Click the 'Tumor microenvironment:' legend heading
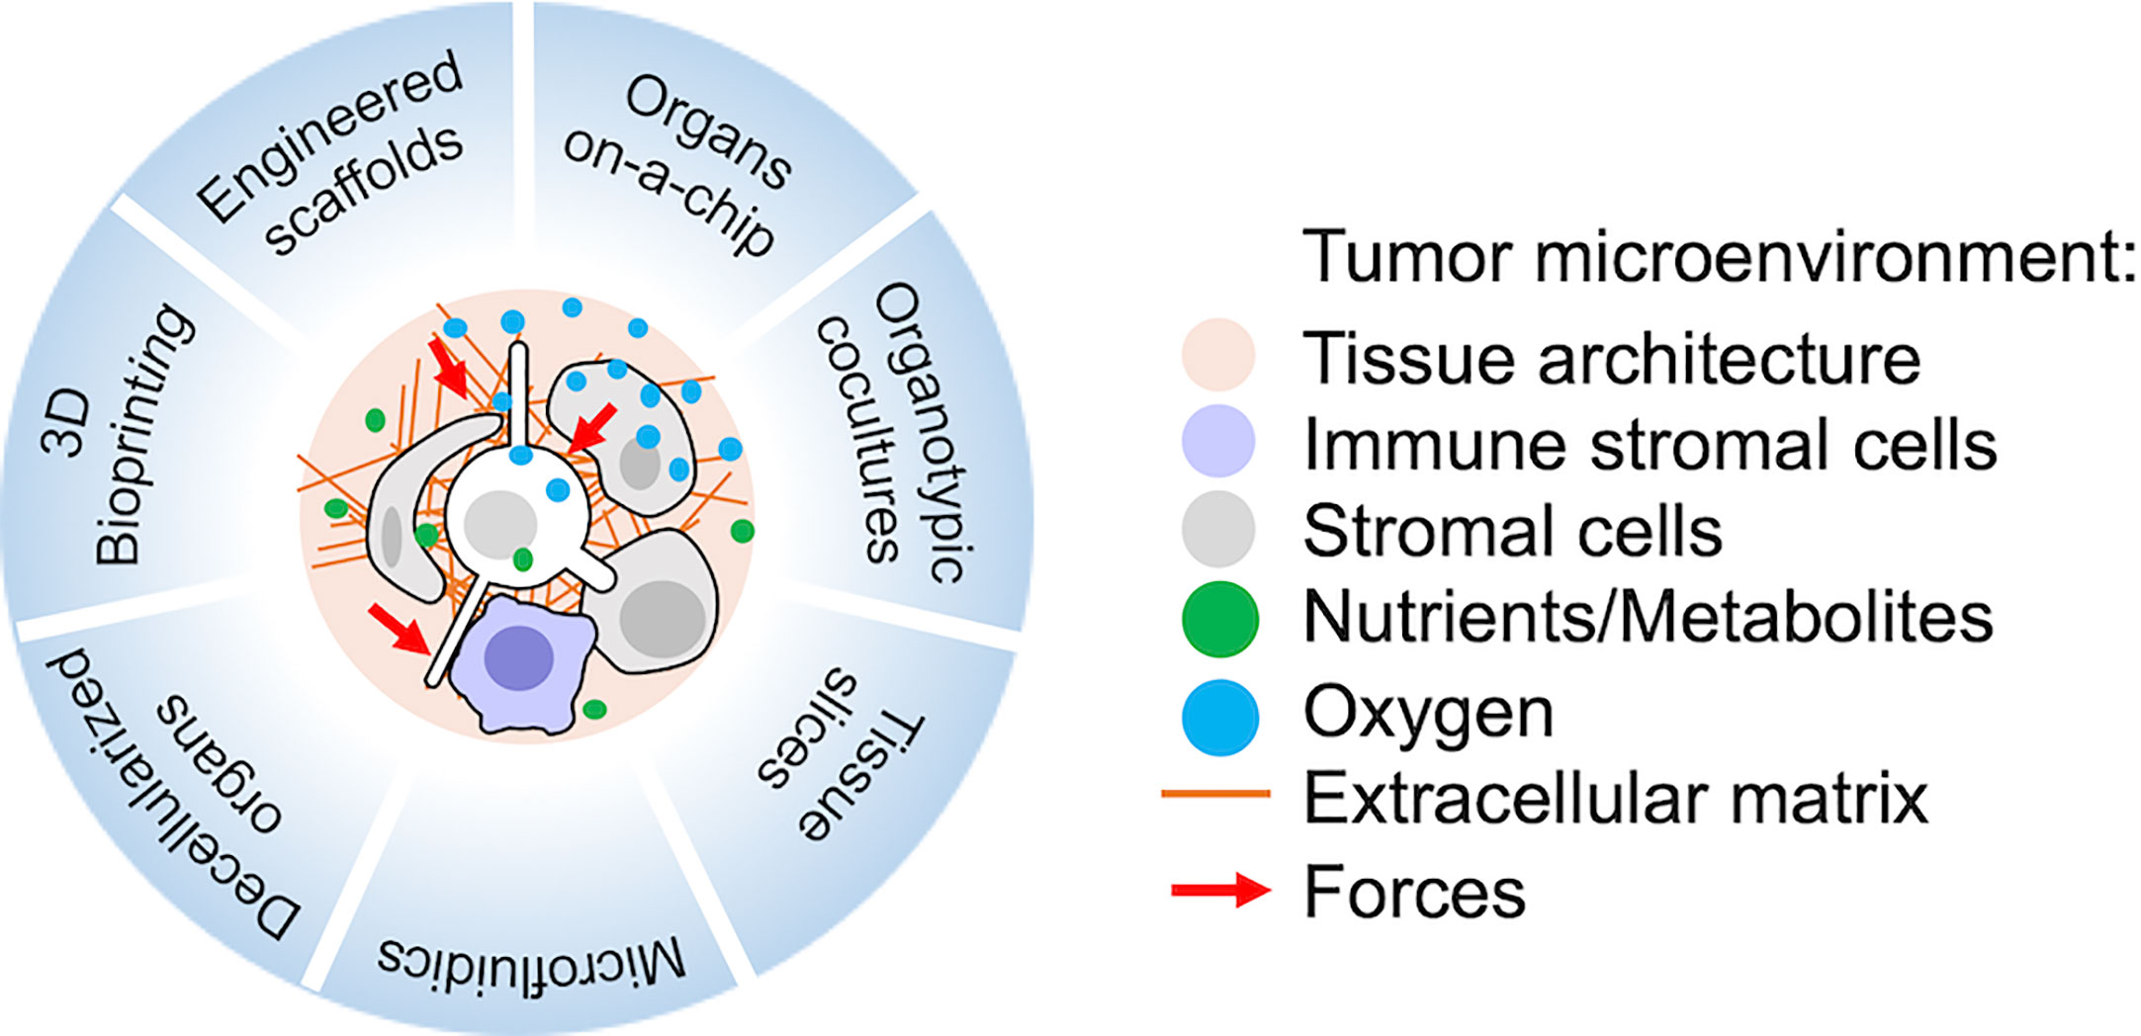[1719, 257]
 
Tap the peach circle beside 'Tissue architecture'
[1218, 355]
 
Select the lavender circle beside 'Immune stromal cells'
[1218, 441]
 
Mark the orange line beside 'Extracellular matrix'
[1215, 793]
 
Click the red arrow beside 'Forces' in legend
[1220, 891]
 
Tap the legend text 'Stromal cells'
[1512, 532]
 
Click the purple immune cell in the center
[522, 664]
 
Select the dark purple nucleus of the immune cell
[518, 657]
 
